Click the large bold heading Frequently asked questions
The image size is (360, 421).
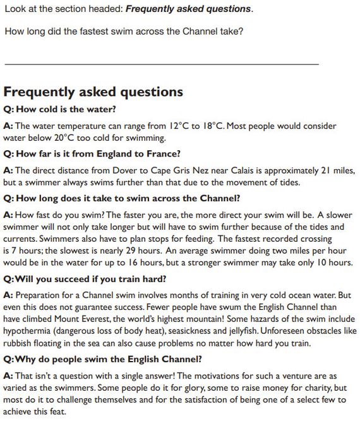pos(93,92)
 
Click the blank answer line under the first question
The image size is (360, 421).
pos(161,64)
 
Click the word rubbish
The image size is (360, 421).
pos(20,343)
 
